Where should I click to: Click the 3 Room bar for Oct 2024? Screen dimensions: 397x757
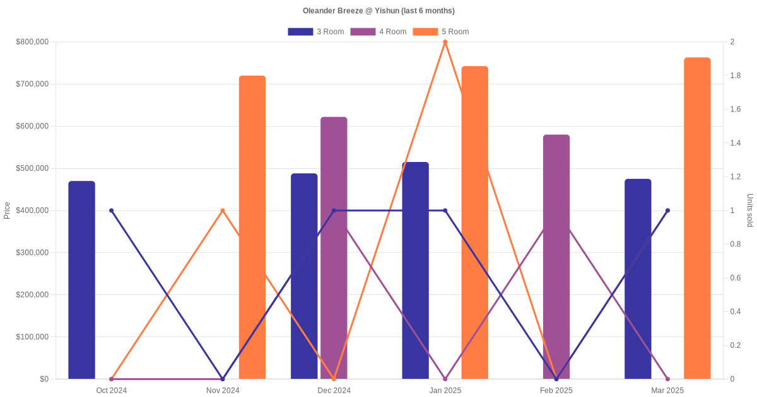[x=81, y=280]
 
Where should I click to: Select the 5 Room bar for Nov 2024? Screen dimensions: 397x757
[x=252, y=227]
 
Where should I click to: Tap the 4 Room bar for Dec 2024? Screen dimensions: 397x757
[x=334, y=248]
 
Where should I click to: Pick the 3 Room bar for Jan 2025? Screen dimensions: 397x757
[x=415, y=270]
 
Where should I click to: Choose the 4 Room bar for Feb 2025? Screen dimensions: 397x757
[x=556, y=256]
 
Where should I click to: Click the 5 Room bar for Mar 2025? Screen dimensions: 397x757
[x=697, y=218]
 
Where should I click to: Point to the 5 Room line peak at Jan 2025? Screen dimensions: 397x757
[x=445, y=42]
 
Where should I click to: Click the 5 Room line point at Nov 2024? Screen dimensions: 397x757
[x=223, y=210]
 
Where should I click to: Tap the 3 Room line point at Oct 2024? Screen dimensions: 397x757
[x=112, y=210]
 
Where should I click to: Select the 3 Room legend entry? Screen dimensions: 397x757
[x=315, y=32]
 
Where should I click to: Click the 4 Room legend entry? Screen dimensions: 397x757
[x=378, y=32]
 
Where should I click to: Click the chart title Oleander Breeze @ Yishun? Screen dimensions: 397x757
[x=378, y=11]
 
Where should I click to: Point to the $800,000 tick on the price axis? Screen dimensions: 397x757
[x=32, y=42]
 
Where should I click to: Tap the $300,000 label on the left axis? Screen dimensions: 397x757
[x=32, y=253]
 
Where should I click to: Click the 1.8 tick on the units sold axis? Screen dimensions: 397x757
[x=736, y=76]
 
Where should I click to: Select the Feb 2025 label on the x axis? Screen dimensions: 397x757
[x=556, y=391]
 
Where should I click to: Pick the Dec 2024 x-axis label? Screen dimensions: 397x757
[x=334, y=391]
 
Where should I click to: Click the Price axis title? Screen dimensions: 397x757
[x=7, y=210]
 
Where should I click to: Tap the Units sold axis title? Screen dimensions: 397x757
[x=750, y=210]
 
